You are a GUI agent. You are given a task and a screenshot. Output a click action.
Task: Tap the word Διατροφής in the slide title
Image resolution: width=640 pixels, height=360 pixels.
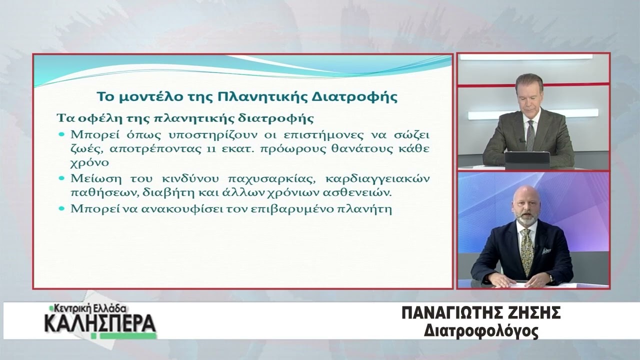coord(354,97)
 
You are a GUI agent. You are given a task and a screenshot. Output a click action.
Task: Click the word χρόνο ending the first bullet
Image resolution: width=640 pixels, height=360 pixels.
coord(90,163)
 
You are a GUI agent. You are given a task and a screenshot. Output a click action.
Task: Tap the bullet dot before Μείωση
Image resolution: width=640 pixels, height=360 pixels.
coord(61,178)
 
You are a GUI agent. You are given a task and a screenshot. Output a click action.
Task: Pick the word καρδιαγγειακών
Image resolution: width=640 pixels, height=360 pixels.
coord(377,179)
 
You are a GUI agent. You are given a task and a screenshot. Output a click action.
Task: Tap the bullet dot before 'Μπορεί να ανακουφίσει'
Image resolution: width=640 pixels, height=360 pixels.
coord(61,208)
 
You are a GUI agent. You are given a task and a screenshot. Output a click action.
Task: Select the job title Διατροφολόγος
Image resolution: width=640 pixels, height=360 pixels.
coord(481,331)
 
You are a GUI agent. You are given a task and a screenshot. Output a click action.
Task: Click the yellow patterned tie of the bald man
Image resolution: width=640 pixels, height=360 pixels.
coord(526,251)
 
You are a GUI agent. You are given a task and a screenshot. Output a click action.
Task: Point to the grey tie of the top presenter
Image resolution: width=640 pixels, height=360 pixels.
coord(530,135)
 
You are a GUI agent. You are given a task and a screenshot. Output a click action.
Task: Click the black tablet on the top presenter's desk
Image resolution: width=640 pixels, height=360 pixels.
coord(527,160)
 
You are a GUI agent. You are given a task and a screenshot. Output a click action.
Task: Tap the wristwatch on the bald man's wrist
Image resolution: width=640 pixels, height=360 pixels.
coord(551,278)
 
